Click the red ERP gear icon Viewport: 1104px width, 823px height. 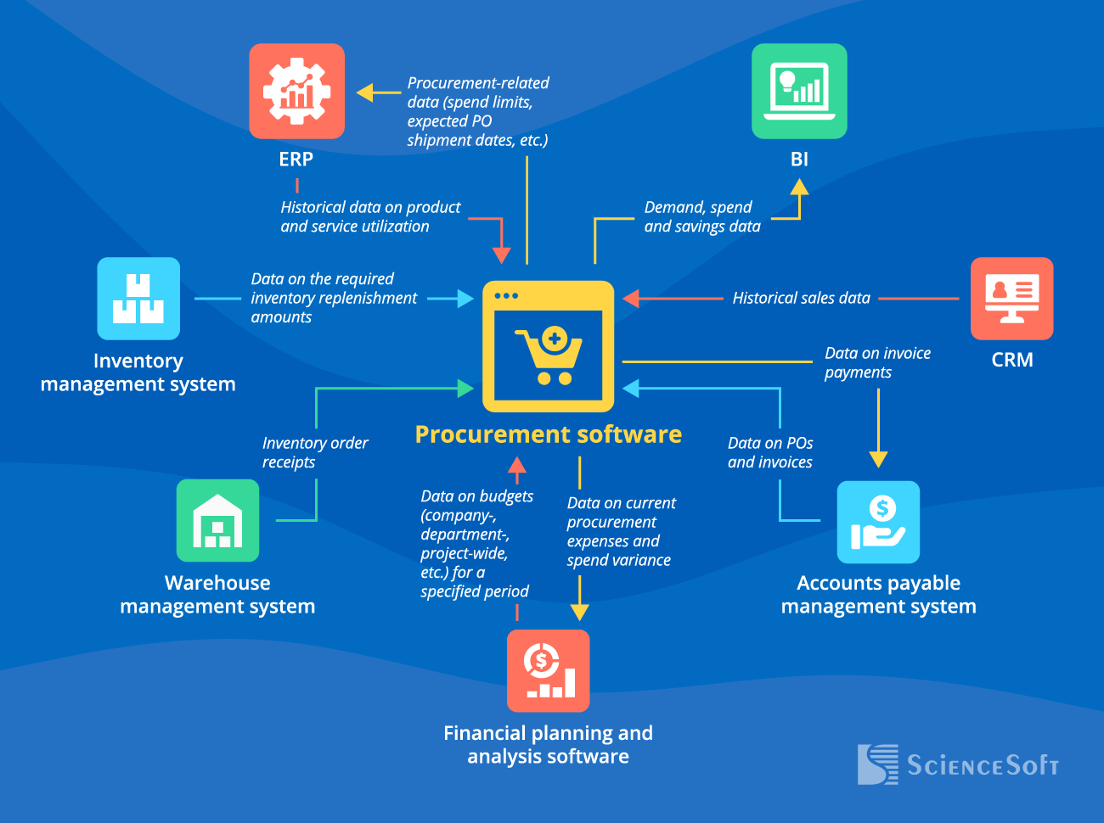(x=296, y=91)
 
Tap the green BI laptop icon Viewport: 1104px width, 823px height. (x=799, y=91)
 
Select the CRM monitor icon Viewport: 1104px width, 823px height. (x=1011, y=299)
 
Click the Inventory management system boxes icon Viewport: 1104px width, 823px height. (x=138, y=299)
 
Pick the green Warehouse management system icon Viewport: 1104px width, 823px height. (x=217, y=520)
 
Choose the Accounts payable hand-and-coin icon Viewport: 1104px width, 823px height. (x=878, y=522)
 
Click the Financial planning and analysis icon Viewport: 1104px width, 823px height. (x=548, y=670)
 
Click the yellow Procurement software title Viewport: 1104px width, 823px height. (x=548, y=434)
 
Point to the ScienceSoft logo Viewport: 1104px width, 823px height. (x=958, y=764)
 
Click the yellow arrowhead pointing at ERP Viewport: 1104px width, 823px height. (x=366, y=92)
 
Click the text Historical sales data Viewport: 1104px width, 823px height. (x=801, y=298)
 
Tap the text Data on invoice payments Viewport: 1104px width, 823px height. (x=876, y=362)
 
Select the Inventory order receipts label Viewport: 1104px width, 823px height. (x=314, y=452)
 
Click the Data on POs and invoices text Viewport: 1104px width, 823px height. (x=769, y=452)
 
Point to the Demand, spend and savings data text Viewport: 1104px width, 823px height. (x=701, y=216)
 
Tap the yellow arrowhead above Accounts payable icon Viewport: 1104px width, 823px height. (x=878, y=459)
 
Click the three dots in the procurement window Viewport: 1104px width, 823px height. (x=506, y=296)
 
